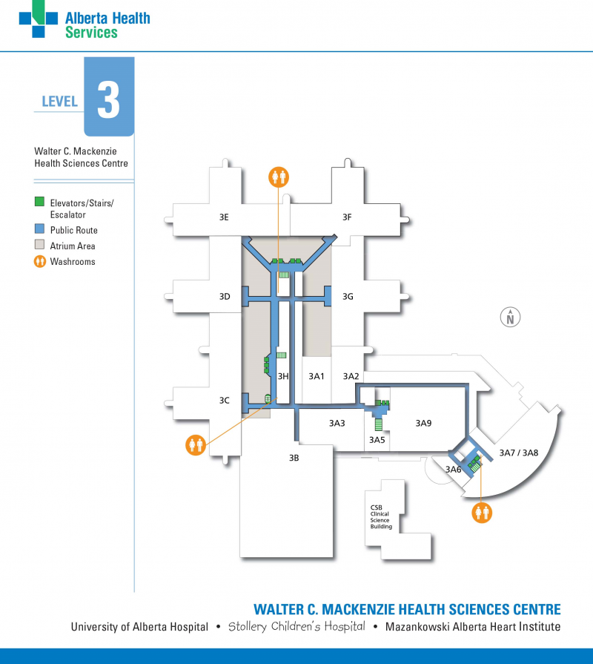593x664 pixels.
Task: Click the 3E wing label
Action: (x=224, y=217)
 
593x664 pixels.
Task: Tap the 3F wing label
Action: (x=346, y=217)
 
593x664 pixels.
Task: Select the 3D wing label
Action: (x=225, y=297)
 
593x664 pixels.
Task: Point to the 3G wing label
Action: (x=348, y=297)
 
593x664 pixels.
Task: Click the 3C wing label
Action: (x=224, y=401)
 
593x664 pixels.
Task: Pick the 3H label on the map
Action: (x=282, y=377)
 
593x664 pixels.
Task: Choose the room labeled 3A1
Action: (x=317, y=377)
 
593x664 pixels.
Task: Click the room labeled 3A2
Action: (x=351, y=377)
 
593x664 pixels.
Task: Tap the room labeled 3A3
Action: (x=337, y=424)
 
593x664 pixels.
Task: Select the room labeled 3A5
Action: (x=377, y=440)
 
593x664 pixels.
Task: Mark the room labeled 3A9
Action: (x=423, y=424)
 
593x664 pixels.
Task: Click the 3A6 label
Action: (x=453, y=470)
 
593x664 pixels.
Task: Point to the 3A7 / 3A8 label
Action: (x=518, y=453)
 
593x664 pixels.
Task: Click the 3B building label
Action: (x=294, y=458)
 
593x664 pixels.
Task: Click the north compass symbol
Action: (x=510, y=317)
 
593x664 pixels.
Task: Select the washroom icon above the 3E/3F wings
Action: (x=279, y=177)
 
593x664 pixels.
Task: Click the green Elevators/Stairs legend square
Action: (x=40, y=202)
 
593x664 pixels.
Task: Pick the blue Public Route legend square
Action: (x=40, y=230)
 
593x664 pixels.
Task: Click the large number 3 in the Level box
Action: (x=108, y=101)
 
